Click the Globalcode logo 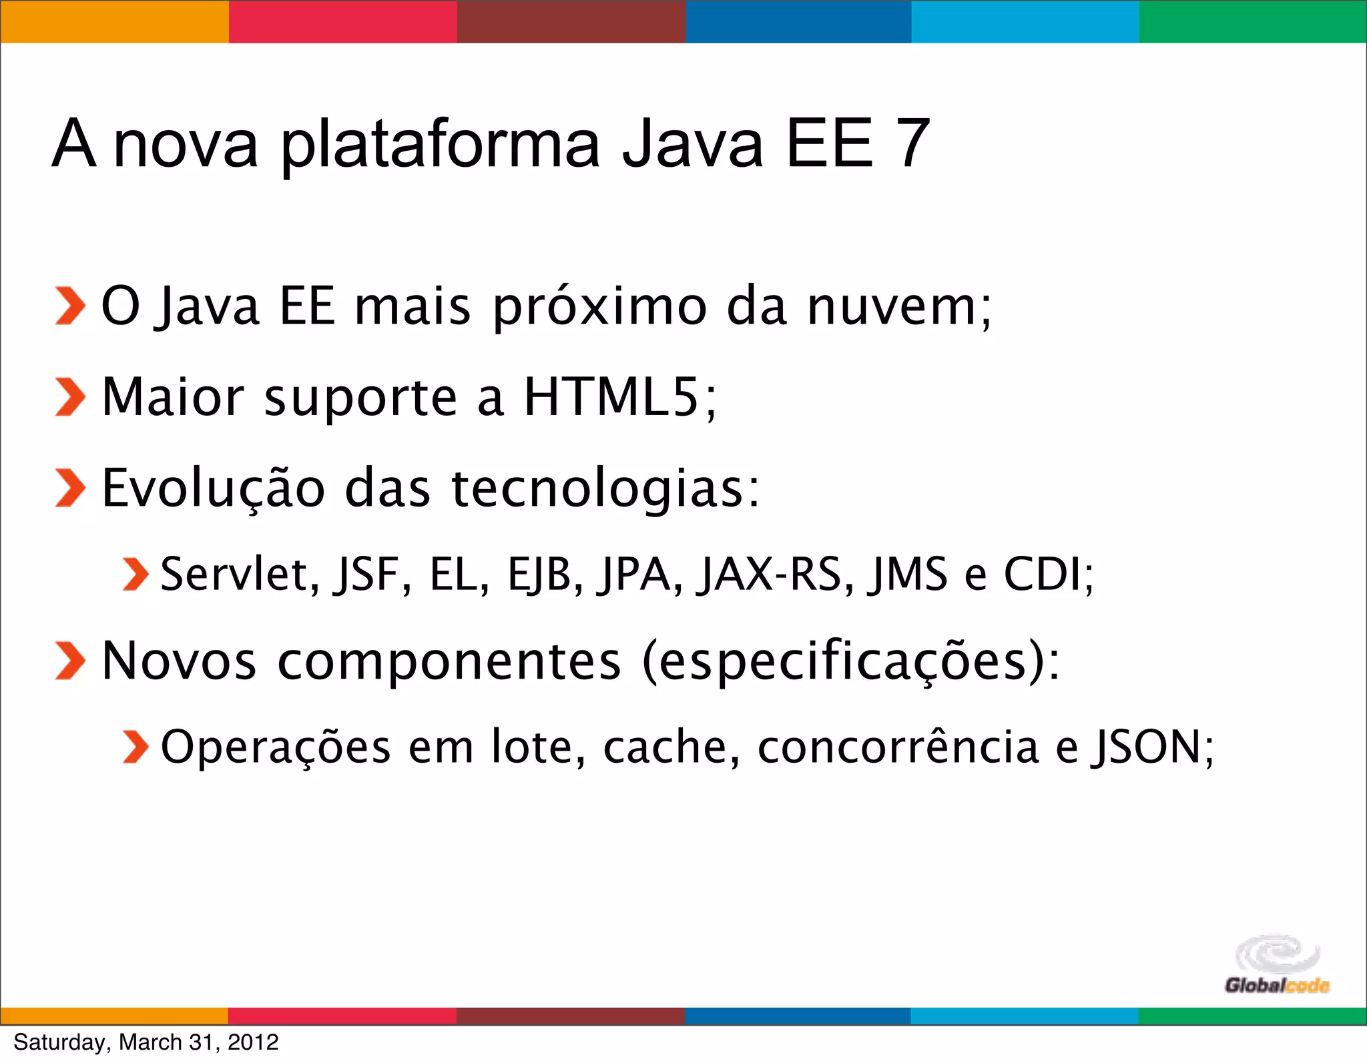click(1276, 965)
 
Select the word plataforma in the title click(441, 145)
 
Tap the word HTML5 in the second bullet click(611, 397)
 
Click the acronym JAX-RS click(768, 575)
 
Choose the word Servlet click(234, 575)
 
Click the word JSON click(1145, 747)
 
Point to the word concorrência click(898, 747)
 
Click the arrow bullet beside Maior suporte click(70, 397)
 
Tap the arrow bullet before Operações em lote click(135, 747)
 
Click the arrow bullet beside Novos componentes click(70, 661)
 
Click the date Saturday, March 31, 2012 click(146, 1042)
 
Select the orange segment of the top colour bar click(114, 21)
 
